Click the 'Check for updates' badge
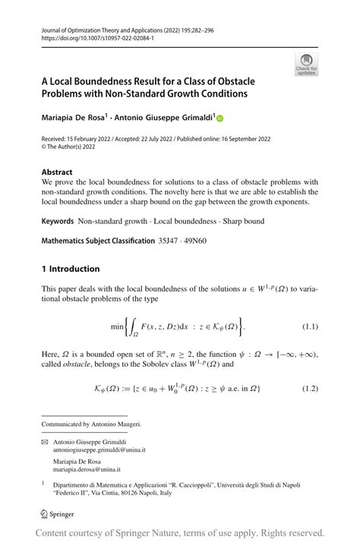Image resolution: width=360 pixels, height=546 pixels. pos(306,64)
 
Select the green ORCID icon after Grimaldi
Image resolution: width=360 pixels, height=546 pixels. pos(220,118)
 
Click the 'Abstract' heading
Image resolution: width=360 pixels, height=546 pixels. pos(57,172)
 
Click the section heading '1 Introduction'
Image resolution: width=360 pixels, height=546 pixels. pos(70,269)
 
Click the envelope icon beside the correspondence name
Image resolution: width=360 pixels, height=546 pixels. pos(45,440)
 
